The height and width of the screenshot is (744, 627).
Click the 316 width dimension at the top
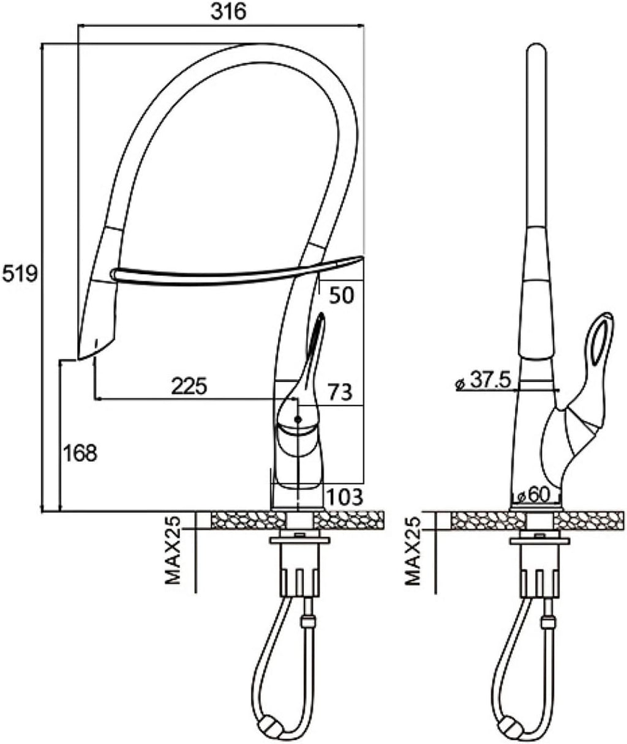[x=228, y=12]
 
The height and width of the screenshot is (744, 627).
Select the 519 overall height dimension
[x=20, y=274]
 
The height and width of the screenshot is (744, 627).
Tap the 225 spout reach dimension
[x=189, y=385]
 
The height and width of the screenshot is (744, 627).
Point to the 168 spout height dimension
[x=80, y=453]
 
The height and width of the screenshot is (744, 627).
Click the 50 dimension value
[x=342, y=295]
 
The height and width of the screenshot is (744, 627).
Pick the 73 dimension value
[x=340, y=392]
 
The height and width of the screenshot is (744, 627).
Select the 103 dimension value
[x=345, y=496]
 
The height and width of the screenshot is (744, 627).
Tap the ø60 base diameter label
[x=534, y=494]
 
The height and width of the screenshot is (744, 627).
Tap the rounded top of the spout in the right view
[x=536, y=53]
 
